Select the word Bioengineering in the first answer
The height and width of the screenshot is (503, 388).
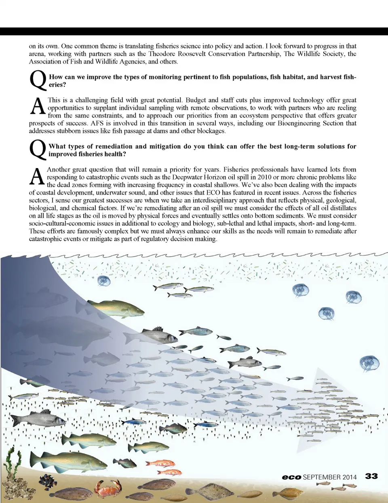click(298, 123)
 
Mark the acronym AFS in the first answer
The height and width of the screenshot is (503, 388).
click(97, 123)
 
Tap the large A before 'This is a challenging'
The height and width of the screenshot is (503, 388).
click(38, 106)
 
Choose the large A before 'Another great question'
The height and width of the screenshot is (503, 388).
click(37, 176)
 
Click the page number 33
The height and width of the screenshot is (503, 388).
click(371, 476)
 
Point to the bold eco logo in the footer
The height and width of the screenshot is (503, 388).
click(291, 477)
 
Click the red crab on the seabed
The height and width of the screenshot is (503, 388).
click(108, 488)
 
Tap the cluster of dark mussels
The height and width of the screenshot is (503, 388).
click(48, 481)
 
